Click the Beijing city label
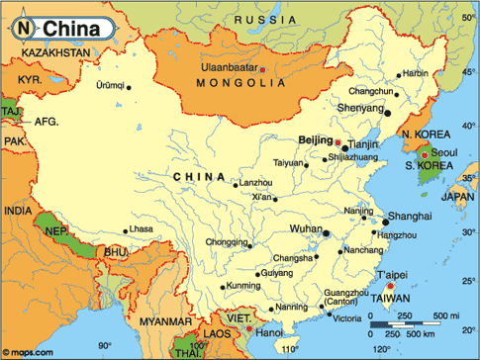coord(316,141)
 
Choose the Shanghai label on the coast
coord(410,216)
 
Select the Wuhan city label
coord(305,228)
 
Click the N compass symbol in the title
coord(23,29)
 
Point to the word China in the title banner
coord(68,29)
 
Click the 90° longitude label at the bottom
coord(103,345)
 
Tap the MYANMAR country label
coord(165,322)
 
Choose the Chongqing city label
coord(226,241)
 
